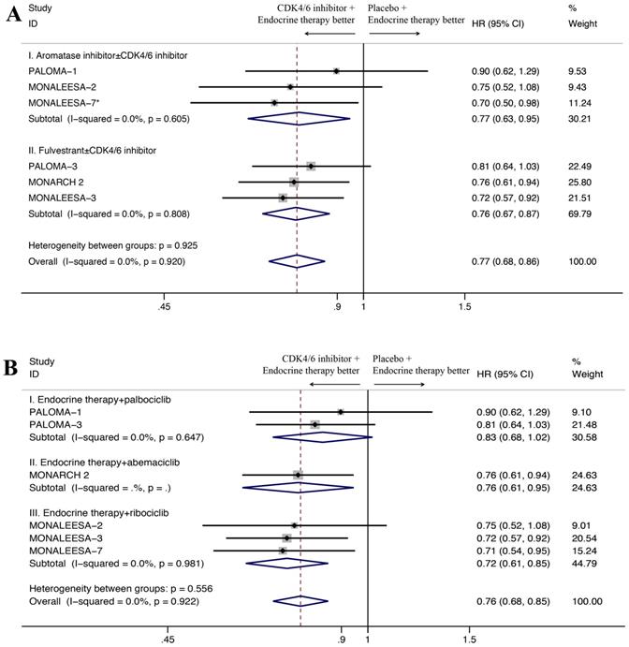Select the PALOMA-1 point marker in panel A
click(336, 71)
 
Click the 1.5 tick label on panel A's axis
click(465, 305)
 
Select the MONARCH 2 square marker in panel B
click(299, 475)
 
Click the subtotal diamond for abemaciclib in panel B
click(298, 486)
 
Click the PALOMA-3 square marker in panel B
click(315, 425)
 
